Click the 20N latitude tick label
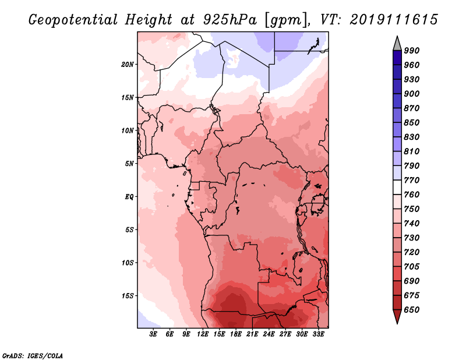(x=128, y=64)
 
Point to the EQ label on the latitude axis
(x=129, y=196)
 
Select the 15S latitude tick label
(x=128, y=295)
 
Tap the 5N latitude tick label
(x=129, y=163)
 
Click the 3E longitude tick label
(x=154, y=334)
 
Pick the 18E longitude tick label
(x=236, y=334)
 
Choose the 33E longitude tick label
(x=318, y=334)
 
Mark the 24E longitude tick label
(x=269, y=334)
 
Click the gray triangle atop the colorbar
(x=397, y=43)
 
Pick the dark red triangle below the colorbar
(x=397, y=316)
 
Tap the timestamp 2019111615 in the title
(x=394, y=19)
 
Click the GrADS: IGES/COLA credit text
(x=33, y=355)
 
